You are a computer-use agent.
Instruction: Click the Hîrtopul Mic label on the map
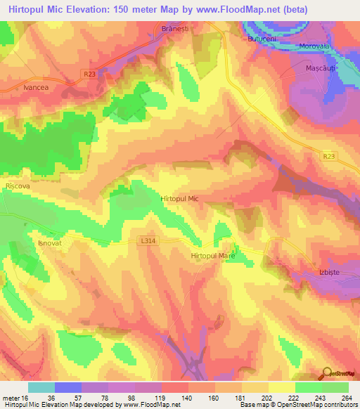[180, 199]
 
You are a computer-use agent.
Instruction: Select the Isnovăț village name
[50, 242]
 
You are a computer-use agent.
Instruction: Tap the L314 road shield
[147, 240]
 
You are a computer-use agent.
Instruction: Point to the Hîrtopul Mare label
[212, 257]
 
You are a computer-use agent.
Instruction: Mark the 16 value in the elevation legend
[25, 398]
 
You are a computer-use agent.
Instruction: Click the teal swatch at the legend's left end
[41, 387]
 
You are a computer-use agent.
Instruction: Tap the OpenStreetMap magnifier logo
[327, 374]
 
